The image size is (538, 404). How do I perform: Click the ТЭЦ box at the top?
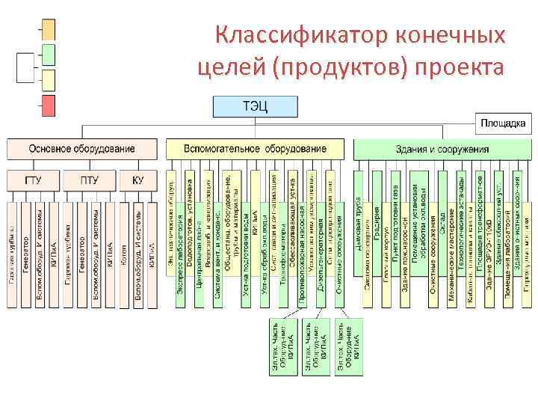click(x=254, y=105)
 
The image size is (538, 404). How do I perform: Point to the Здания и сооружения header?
click(x=442, y=149)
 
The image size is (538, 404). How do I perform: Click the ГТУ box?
click(x=33, y=180)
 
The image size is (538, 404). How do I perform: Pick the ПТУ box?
click(x=89, y=180)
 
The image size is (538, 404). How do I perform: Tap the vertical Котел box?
click(x=123, y=254)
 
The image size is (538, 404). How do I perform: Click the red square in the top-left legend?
click(x=49, y=105)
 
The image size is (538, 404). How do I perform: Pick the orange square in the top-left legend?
click(x=49, y=29)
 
